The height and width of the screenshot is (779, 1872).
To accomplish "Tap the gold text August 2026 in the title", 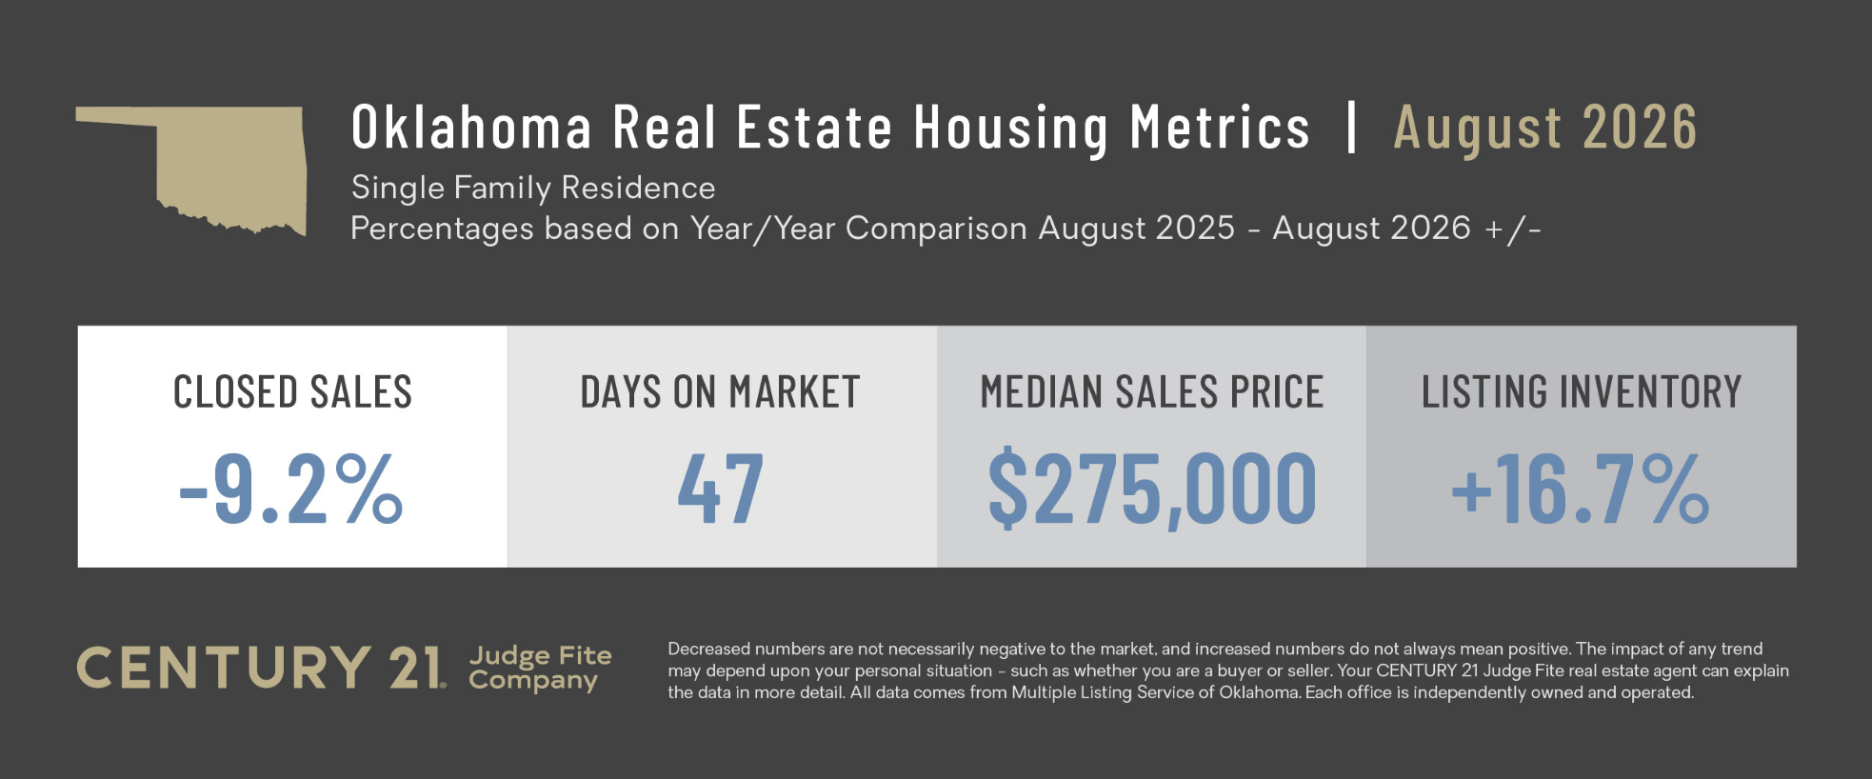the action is [1545, 129].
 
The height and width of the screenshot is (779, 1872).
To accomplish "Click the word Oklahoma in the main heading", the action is [471, 128].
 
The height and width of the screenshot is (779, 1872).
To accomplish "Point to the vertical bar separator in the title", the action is [1351, 127].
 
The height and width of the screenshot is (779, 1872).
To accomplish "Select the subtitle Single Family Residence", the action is [533, 188].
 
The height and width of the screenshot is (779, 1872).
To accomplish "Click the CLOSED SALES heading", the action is [292, 392].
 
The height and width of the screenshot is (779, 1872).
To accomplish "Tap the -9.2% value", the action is [291, 489].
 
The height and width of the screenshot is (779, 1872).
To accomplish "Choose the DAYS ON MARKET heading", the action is [721, 392].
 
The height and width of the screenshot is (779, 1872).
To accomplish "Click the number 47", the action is [721, 489].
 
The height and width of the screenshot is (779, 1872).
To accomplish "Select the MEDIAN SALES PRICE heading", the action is [1152, 392].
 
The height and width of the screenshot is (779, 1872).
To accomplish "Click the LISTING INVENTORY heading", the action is [1582, 392].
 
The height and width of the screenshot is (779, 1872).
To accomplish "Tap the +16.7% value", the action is [1581, 489].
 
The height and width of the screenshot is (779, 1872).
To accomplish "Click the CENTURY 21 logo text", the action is [260, 668].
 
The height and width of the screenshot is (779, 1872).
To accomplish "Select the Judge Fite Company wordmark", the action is [540, 668].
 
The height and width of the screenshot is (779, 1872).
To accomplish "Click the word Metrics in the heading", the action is [1221, 128].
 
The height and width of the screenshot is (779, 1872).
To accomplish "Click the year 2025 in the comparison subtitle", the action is [1194, 229].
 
